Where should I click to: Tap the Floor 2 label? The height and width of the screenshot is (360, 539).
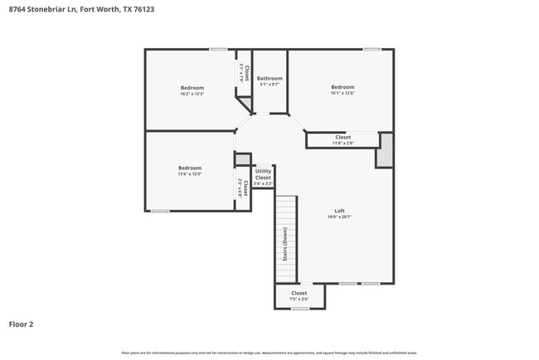22,324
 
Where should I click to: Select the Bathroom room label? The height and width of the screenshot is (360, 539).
269,77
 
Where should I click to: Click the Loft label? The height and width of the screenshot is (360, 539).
339,210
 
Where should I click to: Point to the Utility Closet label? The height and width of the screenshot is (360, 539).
263,174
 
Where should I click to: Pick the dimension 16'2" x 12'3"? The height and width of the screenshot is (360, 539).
192,94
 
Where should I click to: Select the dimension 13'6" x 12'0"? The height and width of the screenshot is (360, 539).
190,174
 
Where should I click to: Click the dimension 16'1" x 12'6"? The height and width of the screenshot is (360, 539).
342,94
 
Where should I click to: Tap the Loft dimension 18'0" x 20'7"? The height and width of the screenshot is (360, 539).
339,216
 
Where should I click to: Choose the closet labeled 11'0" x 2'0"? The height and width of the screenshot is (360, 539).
342,144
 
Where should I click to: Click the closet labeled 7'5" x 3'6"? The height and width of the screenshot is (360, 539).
299,299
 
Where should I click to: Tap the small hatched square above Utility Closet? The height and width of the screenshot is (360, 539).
242,158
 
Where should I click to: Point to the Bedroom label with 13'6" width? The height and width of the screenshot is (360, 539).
190,168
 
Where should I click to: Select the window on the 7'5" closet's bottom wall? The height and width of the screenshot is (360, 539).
300,309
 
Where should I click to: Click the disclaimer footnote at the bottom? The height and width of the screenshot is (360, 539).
269,353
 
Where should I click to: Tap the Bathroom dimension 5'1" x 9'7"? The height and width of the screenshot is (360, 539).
269,84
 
